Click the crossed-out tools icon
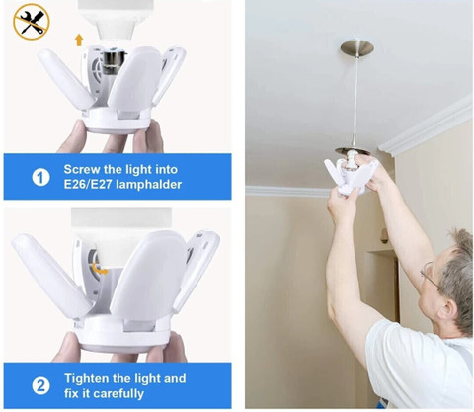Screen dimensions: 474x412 coord(32,22)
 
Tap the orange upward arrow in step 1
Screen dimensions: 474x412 coord(79,40)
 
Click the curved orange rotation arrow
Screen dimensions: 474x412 coord(100,269)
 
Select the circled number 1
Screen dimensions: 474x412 coord(40,178)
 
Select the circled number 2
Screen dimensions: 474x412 coord(40,386)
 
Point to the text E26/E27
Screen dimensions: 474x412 coord(88,184)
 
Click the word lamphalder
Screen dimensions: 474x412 coord(149,185)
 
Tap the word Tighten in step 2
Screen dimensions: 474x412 coord(87,379)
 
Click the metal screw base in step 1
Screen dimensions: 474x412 coord(114,62)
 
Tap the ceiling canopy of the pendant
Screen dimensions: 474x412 coord(356,47)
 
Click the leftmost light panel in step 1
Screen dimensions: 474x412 coord(65,79)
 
